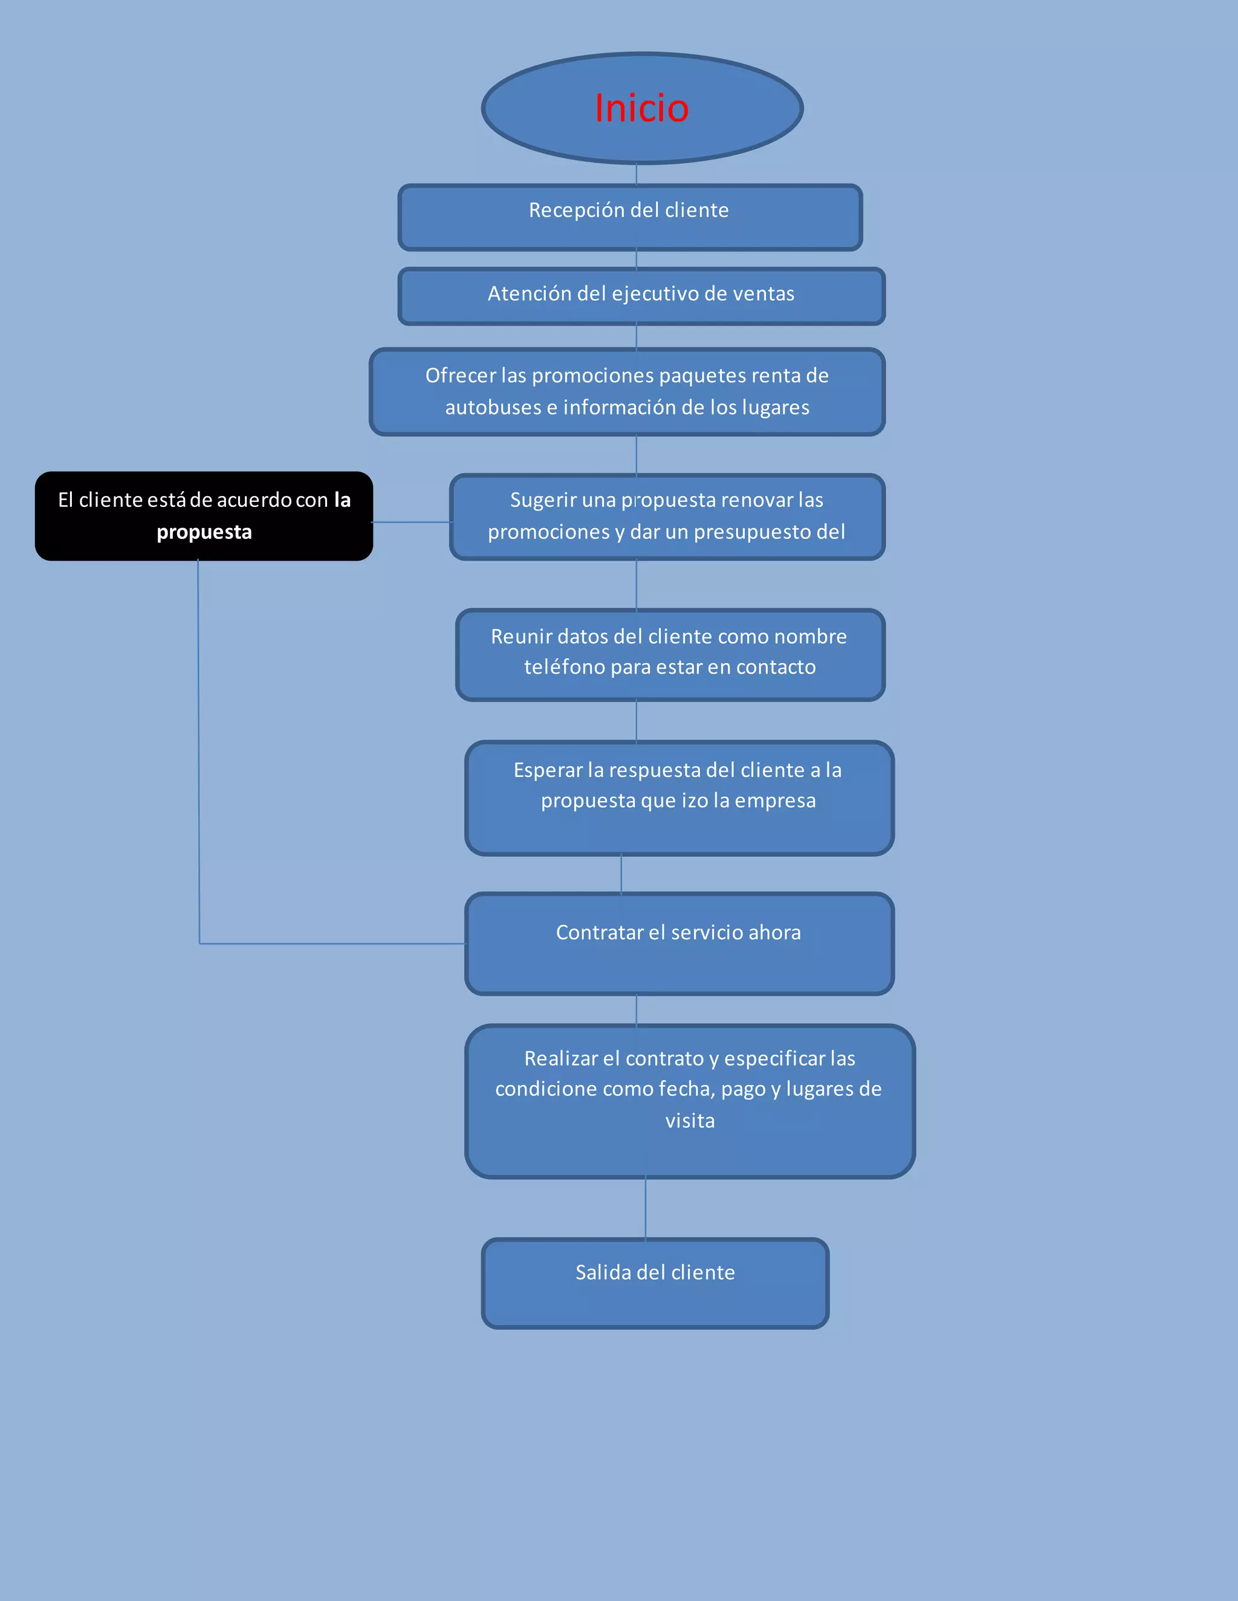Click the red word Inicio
point(642,109)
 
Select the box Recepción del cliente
point(629,217)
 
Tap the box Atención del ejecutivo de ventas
point(641,295)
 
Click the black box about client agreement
point(204,516)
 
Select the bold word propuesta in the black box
point(204,532)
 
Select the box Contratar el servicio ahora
point(678,944)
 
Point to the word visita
point(689,1121)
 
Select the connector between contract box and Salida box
point(646,1208)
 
